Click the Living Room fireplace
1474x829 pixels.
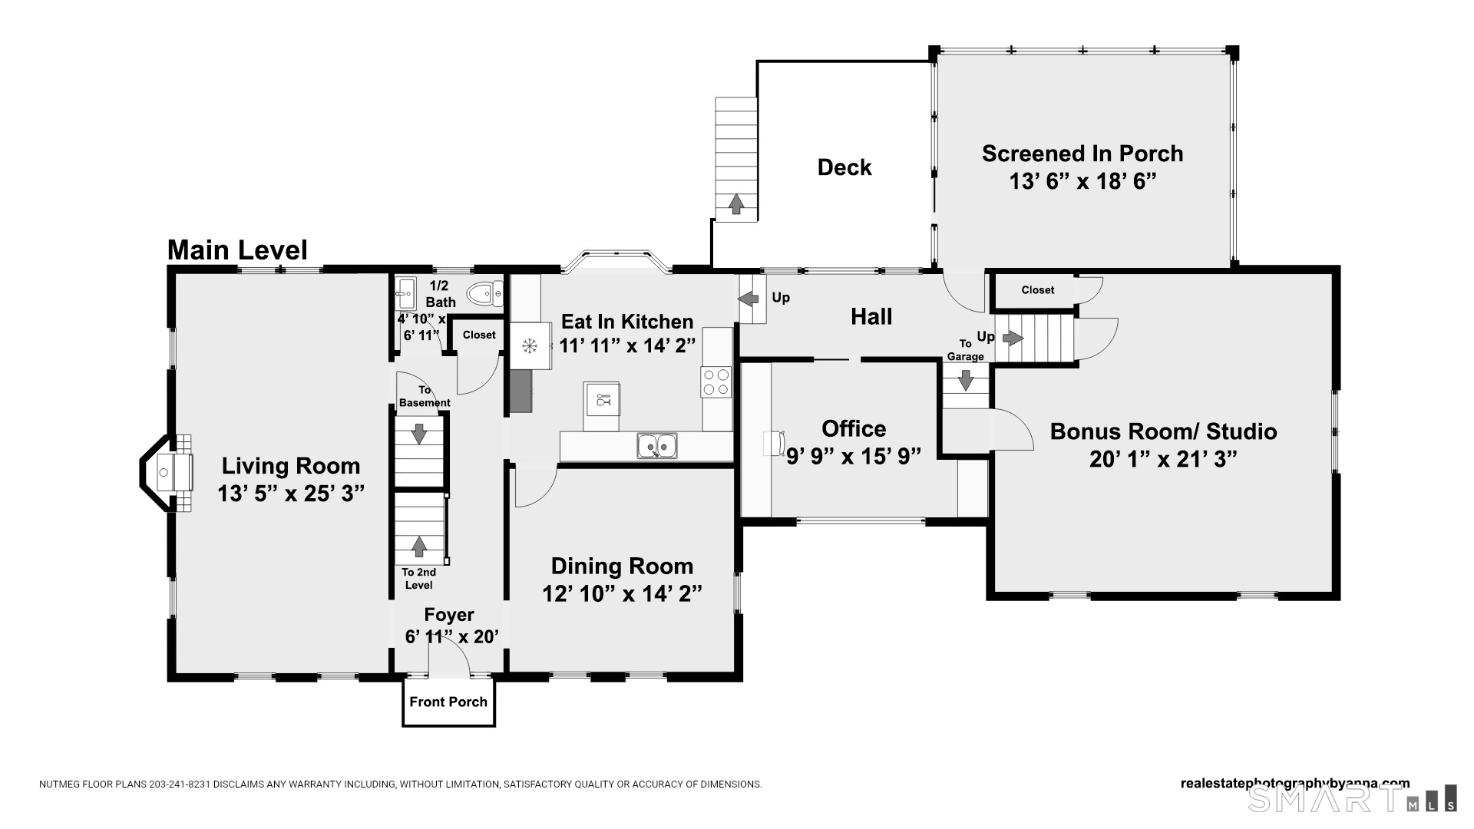coord(165,474)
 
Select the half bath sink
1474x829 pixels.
coord(405,293)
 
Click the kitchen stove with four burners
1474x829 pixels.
coord(716,382)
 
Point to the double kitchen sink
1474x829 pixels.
coord(656,445)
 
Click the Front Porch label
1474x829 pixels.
coord(448,702)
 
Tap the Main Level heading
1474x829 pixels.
coord(237,250)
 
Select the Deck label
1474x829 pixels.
coord(844,167)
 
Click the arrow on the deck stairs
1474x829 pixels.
coord(736,204)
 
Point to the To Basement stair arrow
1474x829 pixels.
coord(419,434)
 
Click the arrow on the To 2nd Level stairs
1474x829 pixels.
coord(419,546)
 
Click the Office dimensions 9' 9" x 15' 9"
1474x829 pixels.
coord(854,457)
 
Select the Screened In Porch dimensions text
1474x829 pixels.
coord(1082,181)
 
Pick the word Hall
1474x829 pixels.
coord(871,316)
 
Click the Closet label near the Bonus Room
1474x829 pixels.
coord(1038,290)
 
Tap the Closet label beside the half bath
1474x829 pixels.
coord(479,335)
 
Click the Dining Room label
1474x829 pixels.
coord(622,566)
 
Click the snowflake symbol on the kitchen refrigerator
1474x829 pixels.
coord(529,346)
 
